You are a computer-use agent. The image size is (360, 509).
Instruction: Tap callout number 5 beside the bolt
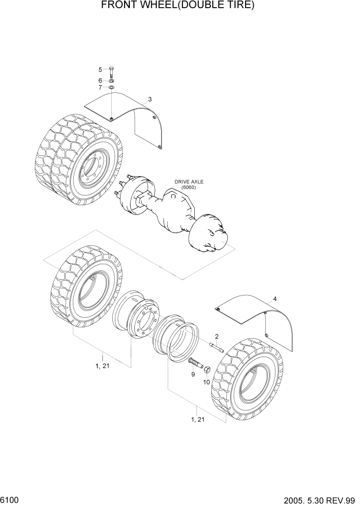[101, 69]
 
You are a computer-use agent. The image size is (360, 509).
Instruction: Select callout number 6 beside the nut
[101, 81]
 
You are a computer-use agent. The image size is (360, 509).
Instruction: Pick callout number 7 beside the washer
[101, 88]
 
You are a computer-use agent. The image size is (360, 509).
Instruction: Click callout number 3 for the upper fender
[150, 99]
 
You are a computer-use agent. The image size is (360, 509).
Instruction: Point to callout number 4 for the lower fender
[275, 299]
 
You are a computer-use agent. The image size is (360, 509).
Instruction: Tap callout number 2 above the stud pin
[216, 337]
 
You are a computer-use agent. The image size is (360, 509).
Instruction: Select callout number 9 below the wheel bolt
[193, 375]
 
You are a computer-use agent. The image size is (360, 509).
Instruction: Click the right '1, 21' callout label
[197, 419]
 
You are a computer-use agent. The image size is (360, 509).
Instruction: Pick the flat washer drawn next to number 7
[111, 87]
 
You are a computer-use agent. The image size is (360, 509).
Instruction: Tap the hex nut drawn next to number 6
[111, 81]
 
